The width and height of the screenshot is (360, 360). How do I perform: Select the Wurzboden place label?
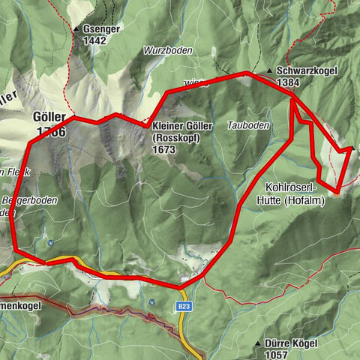point(169,50)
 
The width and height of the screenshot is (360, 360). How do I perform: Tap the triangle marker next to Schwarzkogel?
point(269,71)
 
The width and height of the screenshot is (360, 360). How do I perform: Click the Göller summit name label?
point(49,119)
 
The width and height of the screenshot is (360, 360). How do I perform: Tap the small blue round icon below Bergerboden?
point(49,242)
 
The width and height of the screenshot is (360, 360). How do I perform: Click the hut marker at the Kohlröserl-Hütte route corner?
point(337,193)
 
